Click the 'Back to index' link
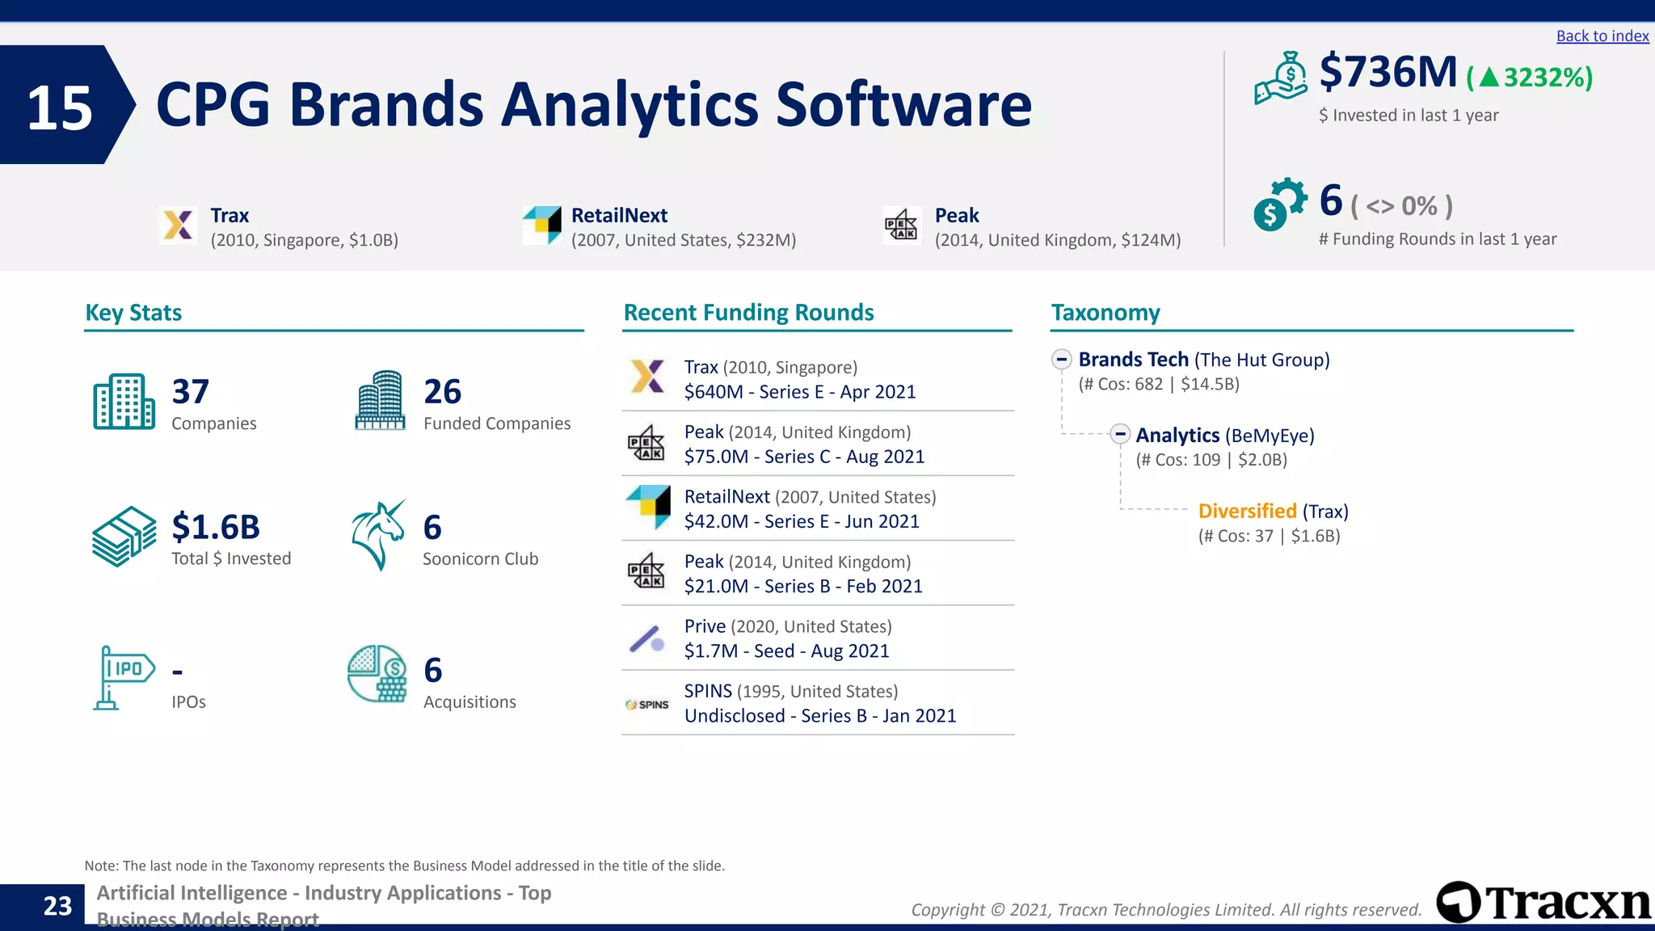[1602, 36]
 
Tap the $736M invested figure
[1388, 73]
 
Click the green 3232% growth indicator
[1529, 78]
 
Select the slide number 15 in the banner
[60, 108]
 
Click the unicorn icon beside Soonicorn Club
[377, 536]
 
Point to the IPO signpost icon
[123, 677]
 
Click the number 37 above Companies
[191, 392]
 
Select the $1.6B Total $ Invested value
[216, 527]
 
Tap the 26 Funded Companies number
[442, 392]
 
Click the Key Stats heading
[133, 313]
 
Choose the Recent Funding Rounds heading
[748, 313]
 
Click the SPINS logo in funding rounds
[647, 705]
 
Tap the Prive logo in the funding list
[647, 639]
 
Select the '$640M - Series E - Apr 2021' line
[799, 392]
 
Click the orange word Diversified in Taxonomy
[1247, 512]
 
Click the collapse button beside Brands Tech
[1061, 359]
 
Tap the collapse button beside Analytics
[1119, 435]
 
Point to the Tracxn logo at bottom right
[1542, 902]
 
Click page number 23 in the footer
[57, 906]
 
